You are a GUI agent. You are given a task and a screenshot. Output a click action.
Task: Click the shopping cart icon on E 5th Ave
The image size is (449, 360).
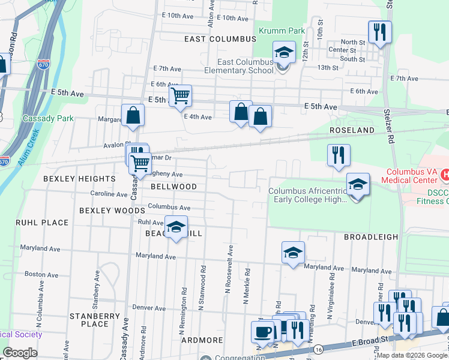(180, 95)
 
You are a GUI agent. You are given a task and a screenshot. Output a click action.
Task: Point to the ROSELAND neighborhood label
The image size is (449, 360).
(352, 130)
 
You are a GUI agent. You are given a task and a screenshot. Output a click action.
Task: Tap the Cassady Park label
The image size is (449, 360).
(48, 118)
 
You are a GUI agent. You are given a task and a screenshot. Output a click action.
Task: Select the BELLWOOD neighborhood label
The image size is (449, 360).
(173, 187)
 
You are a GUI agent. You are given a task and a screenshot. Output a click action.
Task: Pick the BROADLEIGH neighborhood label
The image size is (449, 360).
(370, 237)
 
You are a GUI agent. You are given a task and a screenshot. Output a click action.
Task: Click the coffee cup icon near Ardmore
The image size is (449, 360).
(261, 331)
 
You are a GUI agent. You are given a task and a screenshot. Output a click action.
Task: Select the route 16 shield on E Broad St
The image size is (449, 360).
(318, 349)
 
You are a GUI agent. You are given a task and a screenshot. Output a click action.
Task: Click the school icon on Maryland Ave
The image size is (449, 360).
(293, 253)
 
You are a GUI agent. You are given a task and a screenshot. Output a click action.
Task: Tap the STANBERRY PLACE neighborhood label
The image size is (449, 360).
(88, 320)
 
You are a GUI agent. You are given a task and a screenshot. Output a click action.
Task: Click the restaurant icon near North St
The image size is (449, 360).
(379, 31)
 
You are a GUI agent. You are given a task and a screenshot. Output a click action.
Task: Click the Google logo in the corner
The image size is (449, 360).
(20, 352)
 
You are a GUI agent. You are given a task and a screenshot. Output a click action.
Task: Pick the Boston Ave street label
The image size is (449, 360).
(41, 274)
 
